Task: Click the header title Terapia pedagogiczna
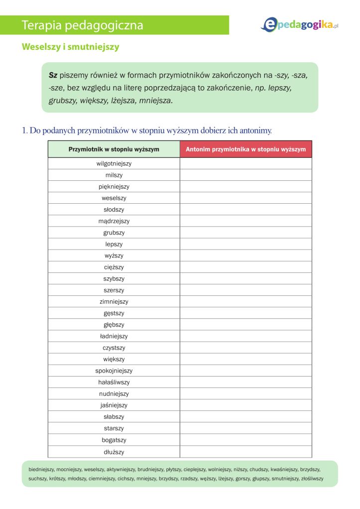83,25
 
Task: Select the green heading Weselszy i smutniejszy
70,47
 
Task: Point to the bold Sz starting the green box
53,75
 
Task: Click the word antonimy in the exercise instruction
255,130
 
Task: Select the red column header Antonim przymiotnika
246,149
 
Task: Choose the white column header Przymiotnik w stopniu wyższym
114,149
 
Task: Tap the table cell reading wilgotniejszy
114,163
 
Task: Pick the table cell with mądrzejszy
114,221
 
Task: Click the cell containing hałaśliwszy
114,382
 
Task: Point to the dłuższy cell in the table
114,452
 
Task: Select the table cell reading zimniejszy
114,302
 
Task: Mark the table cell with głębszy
114,325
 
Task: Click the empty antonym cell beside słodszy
246,210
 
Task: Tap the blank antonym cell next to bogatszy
246,440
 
